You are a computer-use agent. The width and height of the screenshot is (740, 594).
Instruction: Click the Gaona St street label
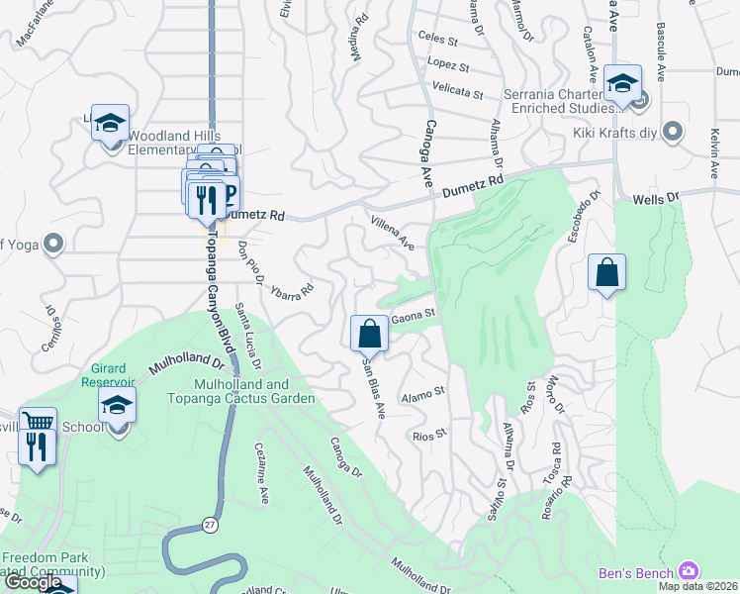[x=414, y=317]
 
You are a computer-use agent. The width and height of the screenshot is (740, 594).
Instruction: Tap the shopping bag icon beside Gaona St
[x=369, y=333]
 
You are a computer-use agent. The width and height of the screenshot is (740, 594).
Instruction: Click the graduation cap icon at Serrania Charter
[x=622, y=84]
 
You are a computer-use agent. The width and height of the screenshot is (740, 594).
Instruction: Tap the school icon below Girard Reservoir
[x=117, y=406]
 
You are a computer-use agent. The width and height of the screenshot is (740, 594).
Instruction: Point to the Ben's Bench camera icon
[x=690, y=572]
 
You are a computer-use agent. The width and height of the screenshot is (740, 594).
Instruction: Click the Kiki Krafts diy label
[x=616, y=132]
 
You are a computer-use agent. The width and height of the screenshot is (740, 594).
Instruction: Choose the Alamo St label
[x=423, y=395]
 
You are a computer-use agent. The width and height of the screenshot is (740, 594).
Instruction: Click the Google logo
[x=33, y=582]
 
